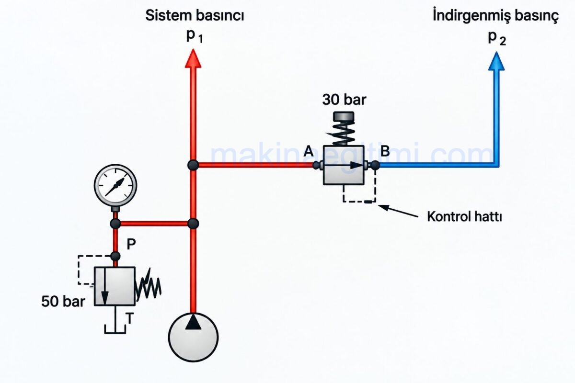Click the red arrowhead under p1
tap(193, 59)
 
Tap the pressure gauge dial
tap(115, 185)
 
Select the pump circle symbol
tap(193, 337)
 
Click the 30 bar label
tap(344, 100)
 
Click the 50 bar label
tap(63, 301)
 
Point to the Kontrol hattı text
tap(464, 217)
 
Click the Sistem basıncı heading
tap(195, 15)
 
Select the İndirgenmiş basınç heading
tap(495, 15)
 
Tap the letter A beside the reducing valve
tap(309, 151)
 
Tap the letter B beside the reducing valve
tap(385, 151)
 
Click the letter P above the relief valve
tap(131, 244)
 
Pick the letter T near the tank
tap(130, 318)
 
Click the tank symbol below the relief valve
tap(115, 333)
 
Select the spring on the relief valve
tap(149, 285)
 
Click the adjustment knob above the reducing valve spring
tap(344, 116)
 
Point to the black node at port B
tap(375, 165)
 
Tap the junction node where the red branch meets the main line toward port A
tap(193, 165)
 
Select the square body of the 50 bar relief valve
tap(115, 286)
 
